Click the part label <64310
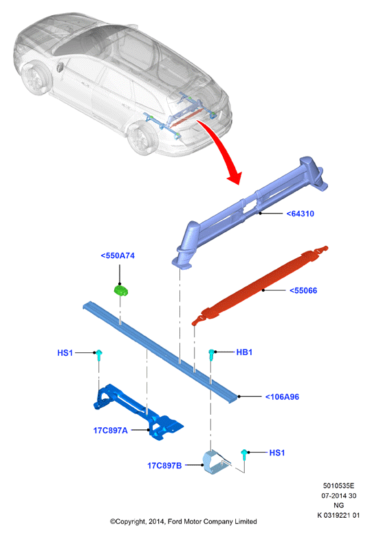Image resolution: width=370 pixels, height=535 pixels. pos(300,214)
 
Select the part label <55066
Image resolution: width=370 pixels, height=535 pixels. pos(303,291)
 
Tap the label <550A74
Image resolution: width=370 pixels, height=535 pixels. pos(118,255)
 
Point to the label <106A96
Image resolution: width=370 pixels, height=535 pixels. pos(282,397)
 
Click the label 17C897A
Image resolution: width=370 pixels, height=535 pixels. pos(110,431)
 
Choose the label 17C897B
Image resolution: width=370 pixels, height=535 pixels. pos(164,466)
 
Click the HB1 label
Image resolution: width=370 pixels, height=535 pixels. pos(244,352)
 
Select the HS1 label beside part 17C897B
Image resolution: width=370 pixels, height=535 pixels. pos(276,453)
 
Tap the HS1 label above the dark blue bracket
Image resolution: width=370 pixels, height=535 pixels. pos(65,353)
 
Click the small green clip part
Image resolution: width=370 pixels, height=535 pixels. pos(120,291)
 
